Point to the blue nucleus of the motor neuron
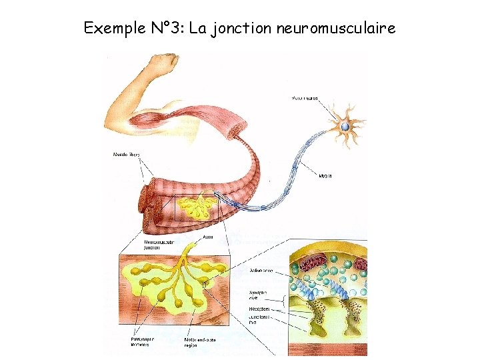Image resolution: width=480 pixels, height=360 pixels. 345,127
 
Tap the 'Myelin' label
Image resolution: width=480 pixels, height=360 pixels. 325,176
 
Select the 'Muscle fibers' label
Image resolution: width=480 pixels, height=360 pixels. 126,156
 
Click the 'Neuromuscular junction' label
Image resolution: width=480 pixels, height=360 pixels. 159,244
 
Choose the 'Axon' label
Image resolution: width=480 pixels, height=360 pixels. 207,236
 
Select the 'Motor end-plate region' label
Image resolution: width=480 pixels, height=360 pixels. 199,342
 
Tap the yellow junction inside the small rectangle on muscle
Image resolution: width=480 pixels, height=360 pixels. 198,208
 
